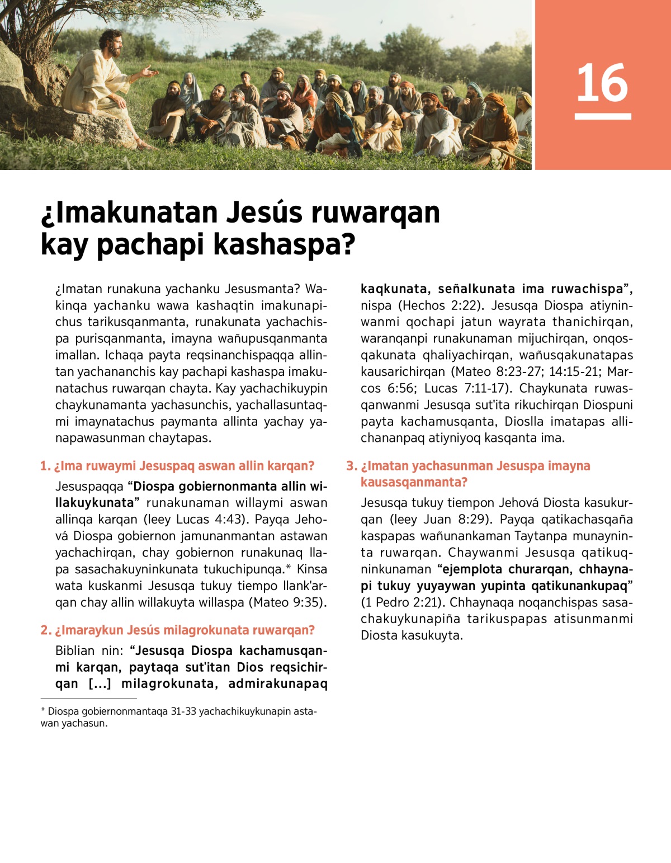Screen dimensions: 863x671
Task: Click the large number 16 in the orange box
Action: click(x=602, y=83)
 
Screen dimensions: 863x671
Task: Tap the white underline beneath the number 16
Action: click(x=602, y=116)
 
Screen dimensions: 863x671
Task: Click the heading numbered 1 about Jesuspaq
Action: click(x=178, y=466)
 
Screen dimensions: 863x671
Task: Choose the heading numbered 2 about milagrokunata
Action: click(x=178, y=630)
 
